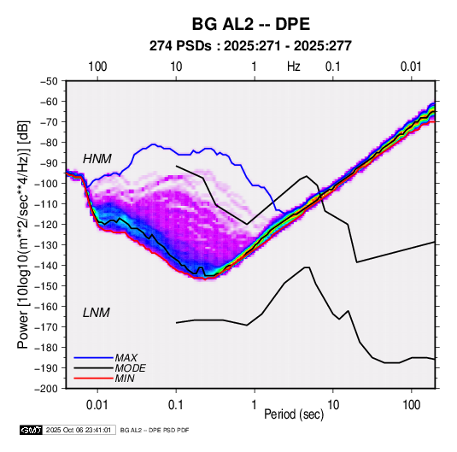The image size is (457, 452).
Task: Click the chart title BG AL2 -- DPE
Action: point(250,24)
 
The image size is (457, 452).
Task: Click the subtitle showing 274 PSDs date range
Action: point(250,46)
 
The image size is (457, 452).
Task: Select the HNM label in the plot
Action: point(97,159)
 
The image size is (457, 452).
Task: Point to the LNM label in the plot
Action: point(97,313)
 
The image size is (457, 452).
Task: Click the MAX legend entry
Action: point(126,357)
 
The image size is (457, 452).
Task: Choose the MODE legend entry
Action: point(131,368)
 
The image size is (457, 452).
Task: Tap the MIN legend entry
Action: point(125,379)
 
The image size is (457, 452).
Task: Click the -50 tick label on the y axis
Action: point(49,81)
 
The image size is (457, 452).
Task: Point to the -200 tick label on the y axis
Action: point(47,389)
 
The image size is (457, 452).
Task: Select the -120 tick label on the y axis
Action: point(47,225)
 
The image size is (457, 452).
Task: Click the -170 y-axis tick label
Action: point(47,327)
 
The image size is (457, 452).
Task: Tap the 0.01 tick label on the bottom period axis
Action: point(97,405)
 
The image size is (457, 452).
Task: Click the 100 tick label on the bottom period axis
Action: point(411,405)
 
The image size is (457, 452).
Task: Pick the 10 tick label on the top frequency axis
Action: point(176,67)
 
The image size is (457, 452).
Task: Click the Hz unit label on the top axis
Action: point(294,67)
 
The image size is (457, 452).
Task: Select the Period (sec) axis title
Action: point(294,414)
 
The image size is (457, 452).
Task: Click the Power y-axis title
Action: point(23,234)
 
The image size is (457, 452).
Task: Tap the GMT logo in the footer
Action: point(32,430)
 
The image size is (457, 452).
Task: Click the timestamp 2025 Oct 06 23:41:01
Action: point(79,430)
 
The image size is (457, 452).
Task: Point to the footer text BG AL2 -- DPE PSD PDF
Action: point(155,430)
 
